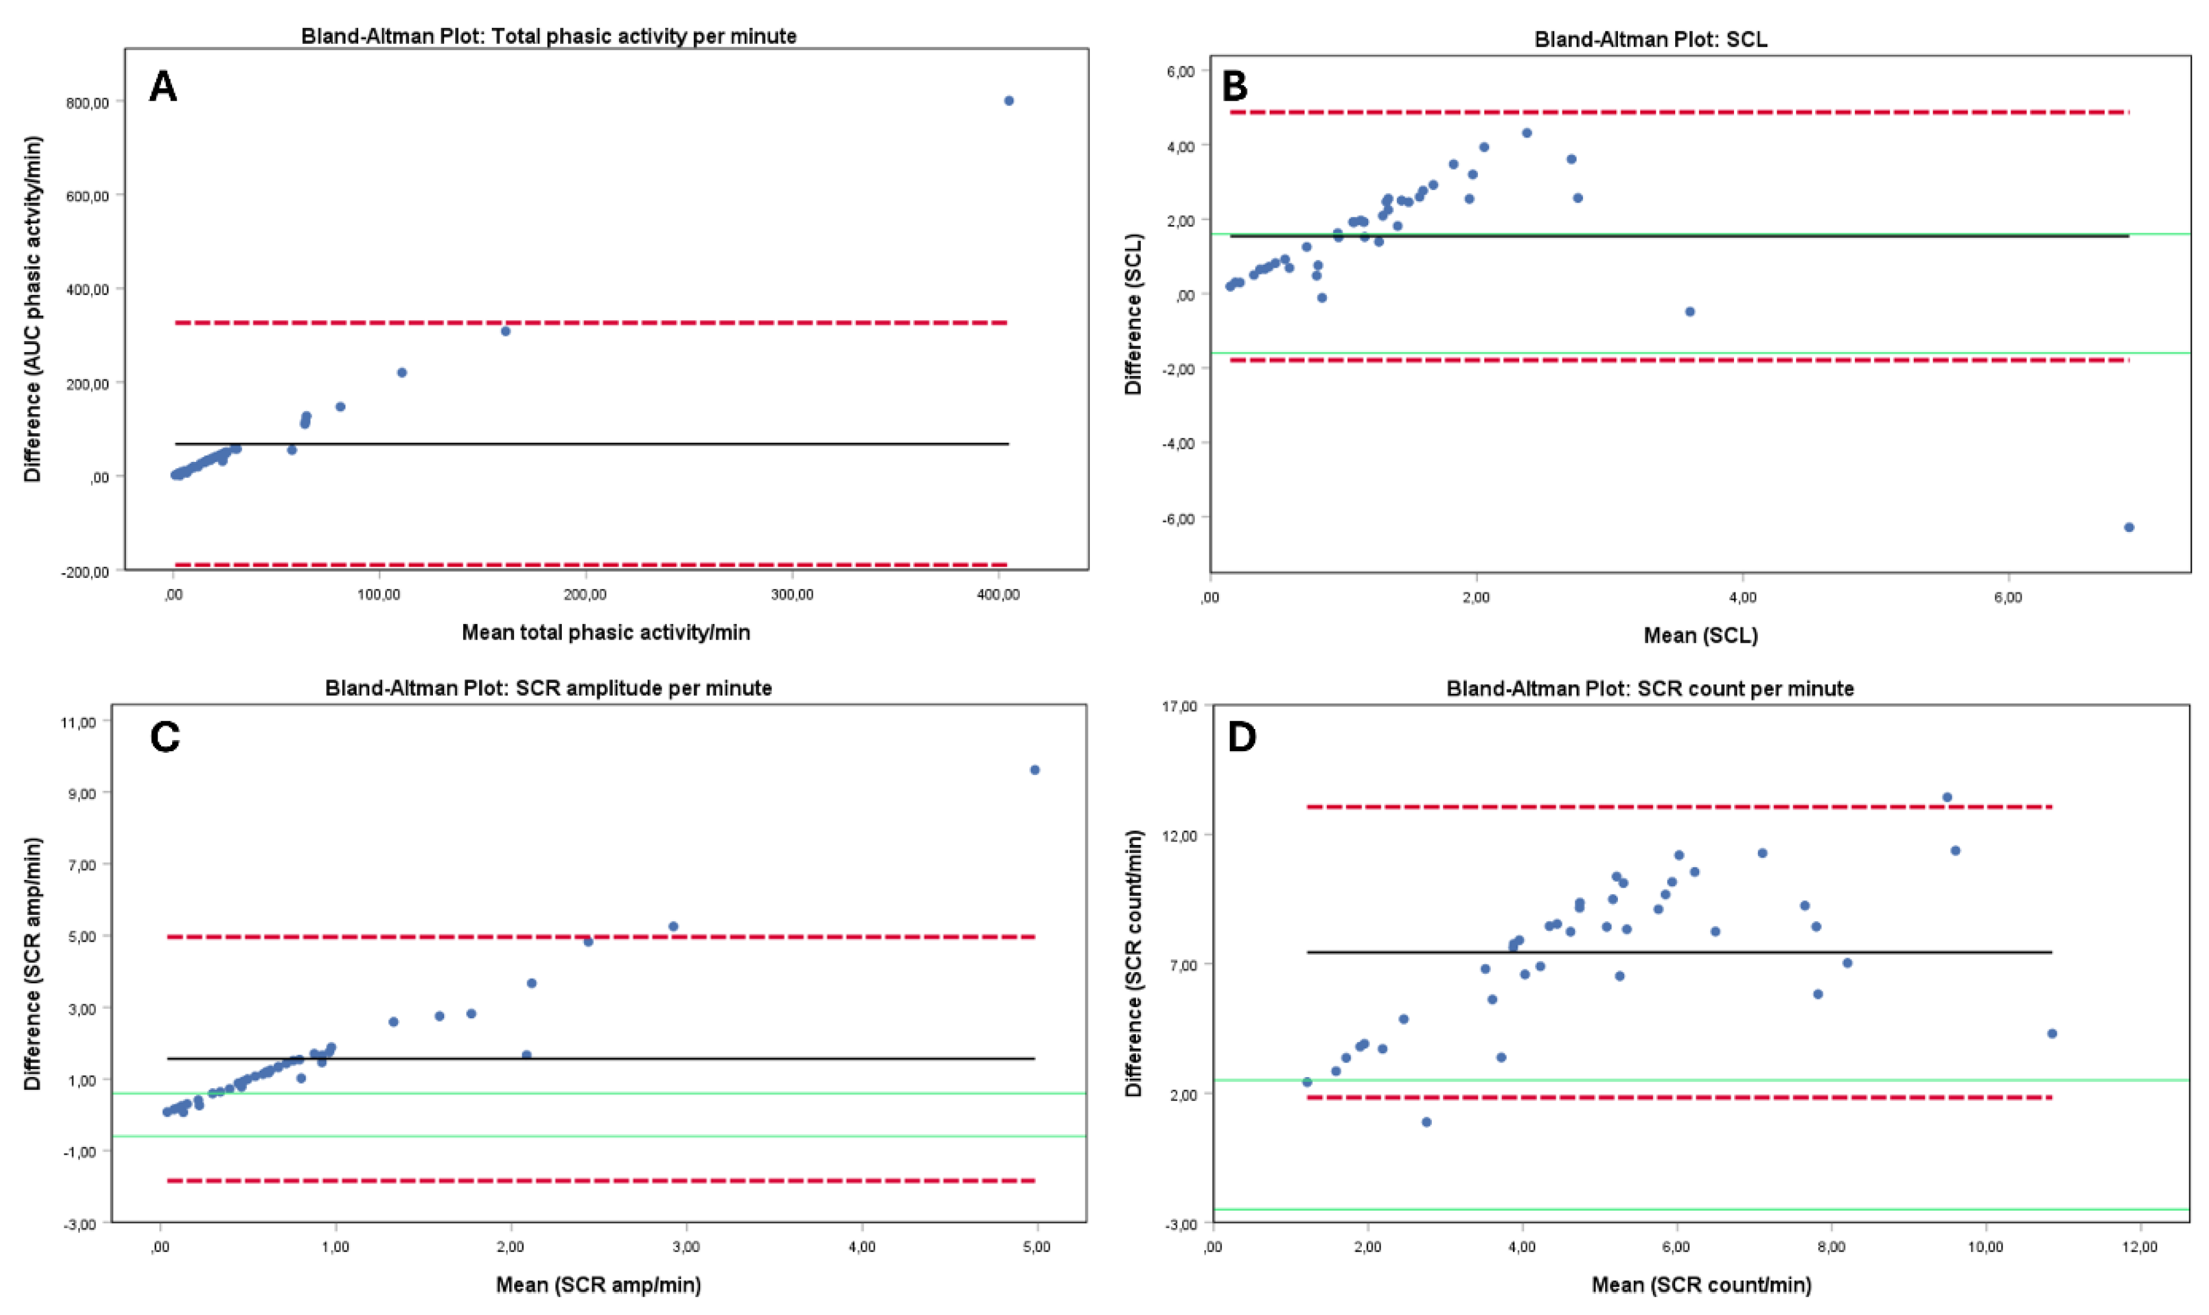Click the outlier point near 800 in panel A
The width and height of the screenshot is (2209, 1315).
[1009, 101]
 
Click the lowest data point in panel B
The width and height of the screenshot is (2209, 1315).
[2129, 527]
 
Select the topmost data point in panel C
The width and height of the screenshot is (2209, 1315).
[1034, 770]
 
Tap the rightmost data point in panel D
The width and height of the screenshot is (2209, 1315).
[2051, 1033]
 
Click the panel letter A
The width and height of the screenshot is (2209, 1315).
[163, 87]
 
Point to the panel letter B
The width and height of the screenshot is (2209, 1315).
[1235, 87]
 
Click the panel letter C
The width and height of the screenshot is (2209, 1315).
[165, 737]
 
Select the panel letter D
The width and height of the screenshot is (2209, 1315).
[1242, 737]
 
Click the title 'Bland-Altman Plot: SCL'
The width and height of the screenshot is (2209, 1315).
[1651, 40]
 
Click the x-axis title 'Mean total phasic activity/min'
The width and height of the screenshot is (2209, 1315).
[606, 633]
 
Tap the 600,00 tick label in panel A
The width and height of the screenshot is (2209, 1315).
[88, 196]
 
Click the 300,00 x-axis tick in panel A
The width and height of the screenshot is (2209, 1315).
[792, 595]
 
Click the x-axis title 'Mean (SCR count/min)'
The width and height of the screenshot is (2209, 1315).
[1701, 1285]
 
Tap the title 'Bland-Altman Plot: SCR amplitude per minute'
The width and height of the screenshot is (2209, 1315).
[548, 689]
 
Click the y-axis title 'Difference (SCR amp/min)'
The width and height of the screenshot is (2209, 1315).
[33, 964]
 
